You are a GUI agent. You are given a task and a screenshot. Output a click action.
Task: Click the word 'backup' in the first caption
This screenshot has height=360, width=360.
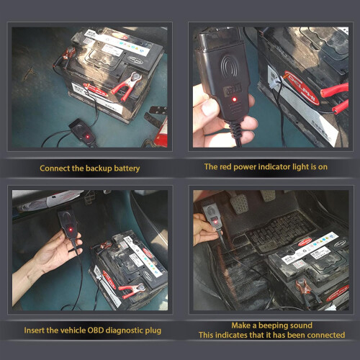pyautogui.click(x=99, y=168)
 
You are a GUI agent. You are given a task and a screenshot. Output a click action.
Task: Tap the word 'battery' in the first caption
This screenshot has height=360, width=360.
pyautogui.click(x=127, y=168)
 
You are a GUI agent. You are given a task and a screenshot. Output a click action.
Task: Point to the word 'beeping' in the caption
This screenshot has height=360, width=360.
pyautogui.click(x=271, y=325)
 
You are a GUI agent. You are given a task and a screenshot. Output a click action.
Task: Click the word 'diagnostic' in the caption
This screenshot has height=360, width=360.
pyautogui.click(x=125, y=330)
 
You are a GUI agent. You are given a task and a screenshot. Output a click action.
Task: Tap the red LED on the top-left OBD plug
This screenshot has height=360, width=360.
pyautogui.click(x=88, y=137)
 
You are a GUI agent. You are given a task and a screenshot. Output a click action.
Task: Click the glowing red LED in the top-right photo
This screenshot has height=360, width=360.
pyautogui.click(x=234, y=99)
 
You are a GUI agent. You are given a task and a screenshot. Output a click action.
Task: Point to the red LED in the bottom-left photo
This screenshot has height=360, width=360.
pyautogui.click(x=71, y=230)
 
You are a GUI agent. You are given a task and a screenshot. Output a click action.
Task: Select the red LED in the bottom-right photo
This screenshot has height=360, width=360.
pyautogui.click(x=215, y=222)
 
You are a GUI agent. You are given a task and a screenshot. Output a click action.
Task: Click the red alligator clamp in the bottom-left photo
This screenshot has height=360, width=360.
pyautogui.click(x=132, y=290)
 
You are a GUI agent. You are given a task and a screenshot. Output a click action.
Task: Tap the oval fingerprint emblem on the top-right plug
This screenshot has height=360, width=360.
pyautogui.click(x=229, y=66)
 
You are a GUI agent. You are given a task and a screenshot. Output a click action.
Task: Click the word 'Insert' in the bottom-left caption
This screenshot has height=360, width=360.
pyautogui.click(x=35, y=330)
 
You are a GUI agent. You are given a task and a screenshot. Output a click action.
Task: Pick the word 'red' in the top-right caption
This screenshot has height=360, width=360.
pyautogui.click(x=226, y=166)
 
